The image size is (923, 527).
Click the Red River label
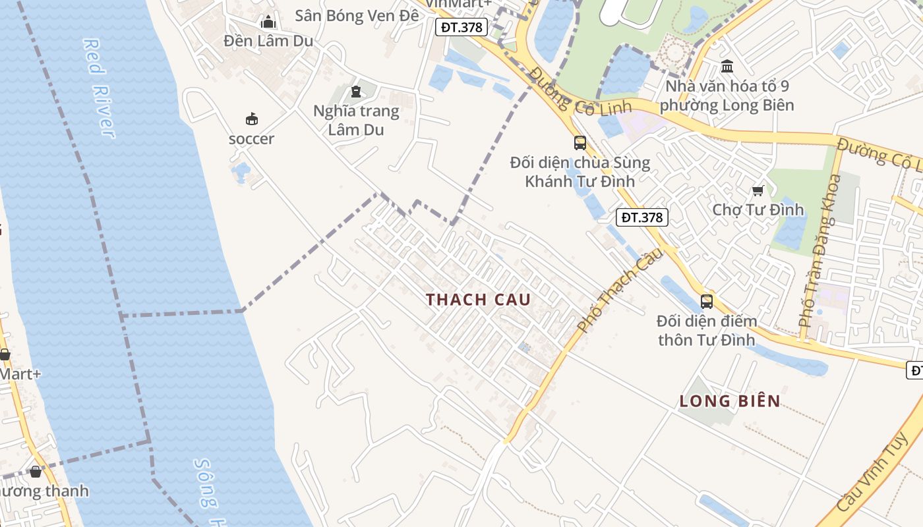(99, 88)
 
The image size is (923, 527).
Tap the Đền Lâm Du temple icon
(268, 22)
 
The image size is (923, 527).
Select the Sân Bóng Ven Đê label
(357, 15)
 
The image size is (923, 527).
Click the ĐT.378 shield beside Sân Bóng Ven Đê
(462, 27)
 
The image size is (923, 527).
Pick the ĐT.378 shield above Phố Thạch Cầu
(642, 217)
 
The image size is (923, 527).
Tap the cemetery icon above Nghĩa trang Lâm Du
(356, 92)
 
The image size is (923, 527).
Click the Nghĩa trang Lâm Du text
(356, 120)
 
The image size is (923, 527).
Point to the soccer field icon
(251, 119)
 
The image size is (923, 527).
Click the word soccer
(251, 139)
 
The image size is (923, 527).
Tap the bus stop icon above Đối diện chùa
(580, 142)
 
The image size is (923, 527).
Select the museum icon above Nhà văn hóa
(727, 66)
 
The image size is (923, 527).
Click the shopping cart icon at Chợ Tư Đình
(758, 190)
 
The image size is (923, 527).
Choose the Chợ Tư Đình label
(758, 209)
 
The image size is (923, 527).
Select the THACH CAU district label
(478, 300)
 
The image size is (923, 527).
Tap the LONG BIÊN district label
(730, 401)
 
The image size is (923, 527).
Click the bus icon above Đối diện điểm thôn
(707, 302)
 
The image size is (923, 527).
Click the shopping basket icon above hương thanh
(36, 472)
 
